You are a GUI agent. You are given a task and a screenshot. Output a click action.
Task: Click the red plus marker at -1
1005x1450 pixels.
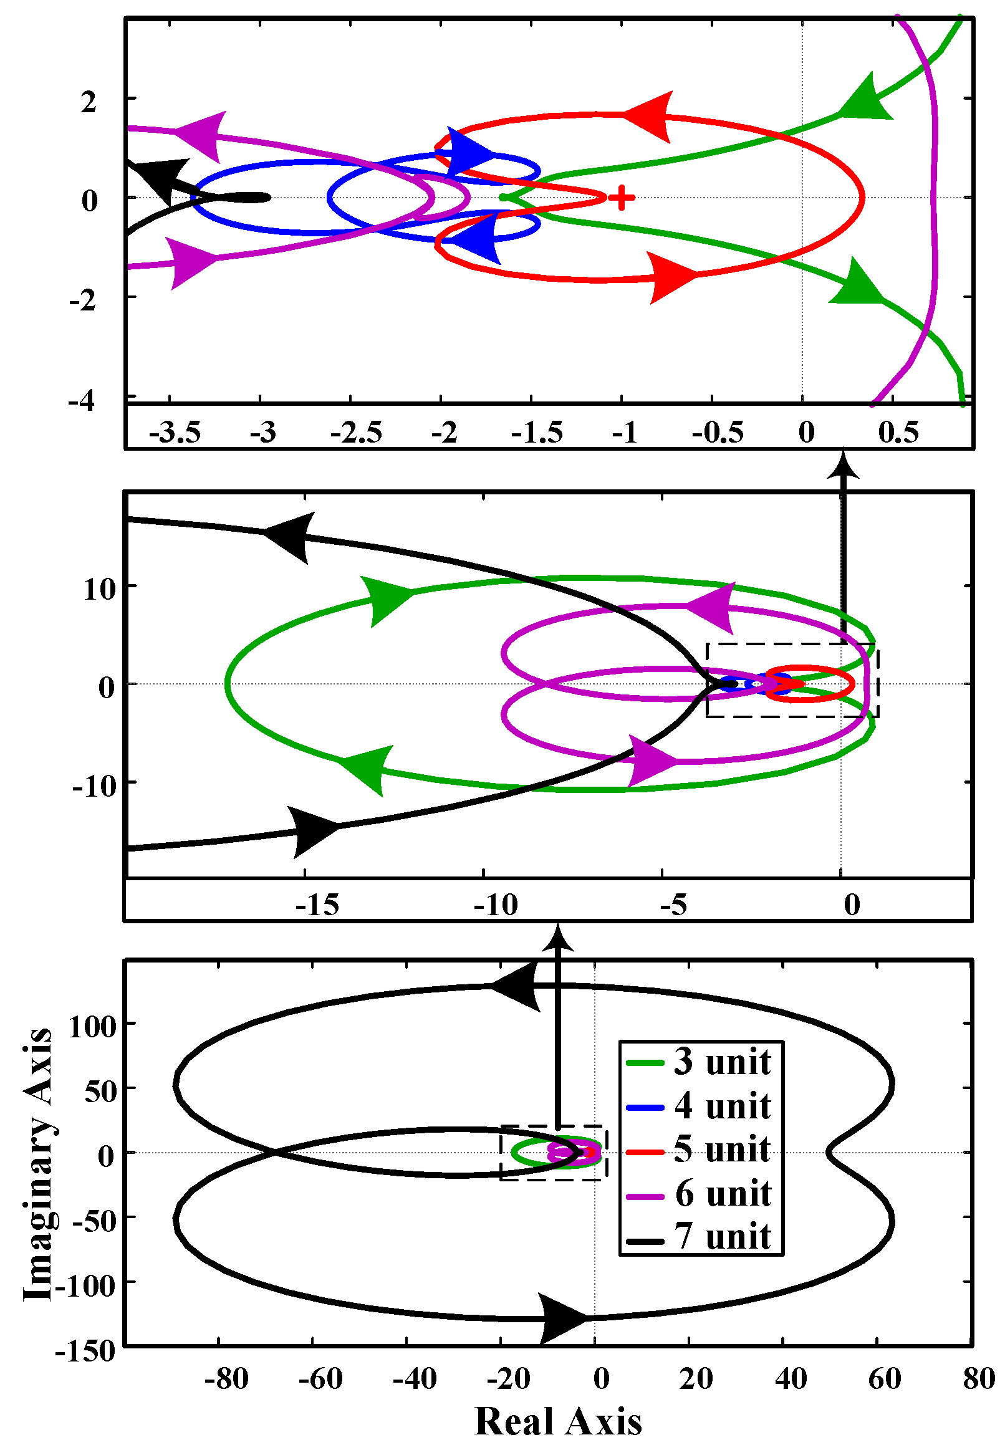click(x=622, y=198)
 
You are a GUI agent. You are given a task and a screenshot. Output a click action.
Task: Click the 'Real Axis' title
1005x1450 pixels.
click(x=558, y=1421)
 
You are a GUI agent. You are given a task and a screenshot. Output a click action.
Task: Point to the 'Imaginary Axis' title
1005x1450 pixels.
click(x=38, y=1164)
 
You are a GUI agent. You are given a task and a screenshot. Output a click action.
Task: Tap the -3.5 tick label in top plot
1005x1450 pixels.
click(x=175, y=433)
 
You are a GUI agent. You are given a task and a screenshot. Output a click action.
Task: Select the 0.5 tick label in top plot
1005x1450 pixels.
click(x=898, y=433)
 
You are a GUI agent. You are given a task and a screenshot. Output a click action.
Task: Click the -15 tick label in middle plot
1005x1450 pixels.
click(x=317, y=905)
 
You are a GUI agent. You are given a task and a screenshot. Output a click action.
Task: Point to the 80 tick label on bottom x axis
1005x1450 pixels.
click(x=979, y=1378)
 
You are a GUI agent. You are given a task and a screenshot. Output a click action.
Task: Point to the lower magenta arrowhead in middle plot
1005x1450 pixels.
click(x=652, y=760)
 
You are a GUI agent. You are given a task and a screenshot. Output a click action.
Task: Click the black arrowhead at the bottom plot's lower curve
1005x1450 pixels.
click(x=562, y=1318)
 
